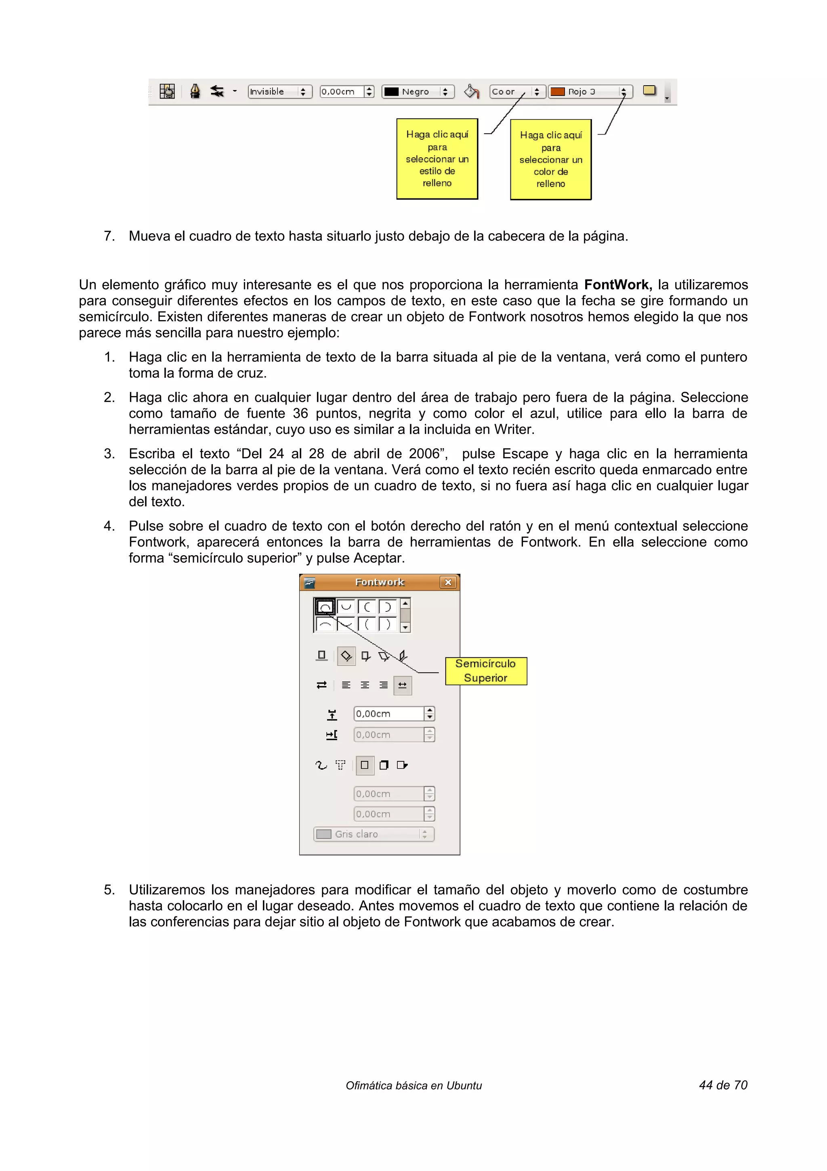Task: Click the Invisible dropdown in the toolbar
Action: [x=279, y=91]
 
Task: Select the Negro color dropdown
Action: [x=417, y=91]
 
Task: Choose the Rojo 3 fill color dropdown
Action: [x=590, y=91]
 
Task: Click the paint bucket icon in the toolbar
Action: [x=471, y=91]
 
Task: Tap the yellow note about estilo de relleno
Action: [x=437, y=159]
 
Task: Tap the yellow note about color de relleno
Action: [x=550, y=160]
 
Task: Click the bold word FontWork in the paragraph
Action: [x=617, y=284]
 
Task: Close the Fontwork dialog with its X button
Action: [x=448, y=582]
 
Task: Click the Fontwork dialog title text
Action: [x=379, y=582]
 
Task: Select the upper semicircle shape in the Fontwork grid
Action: [x=325, y=607]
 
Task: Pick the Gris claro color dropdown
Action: [x=374, y=834]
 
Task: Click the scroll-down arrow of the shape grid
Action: [x=405, y=628]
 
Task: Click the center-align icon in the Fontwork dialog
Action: [x=365, y=685]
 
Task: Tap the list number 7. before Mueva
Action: [x=109, y=236]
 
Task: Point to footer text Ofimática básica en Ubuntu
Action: [x=413, y=1086]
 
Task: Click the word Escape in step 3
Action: [x=525, y=453]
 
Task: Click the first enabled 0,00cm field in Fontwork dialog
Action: [x=388, y=714]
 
